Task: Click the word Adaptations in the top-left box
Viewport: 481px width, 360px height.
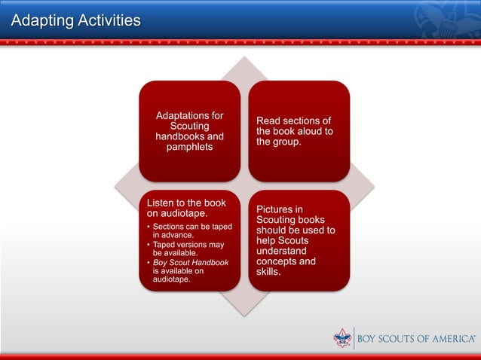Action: (189, 115)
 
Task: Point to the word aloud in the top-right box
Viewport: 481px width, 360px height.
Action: (306, 131)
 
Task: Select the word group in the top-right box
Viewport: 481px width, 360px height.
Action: (289, 142)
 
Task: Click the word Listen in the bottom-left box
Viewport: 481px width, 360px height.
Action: (163, 203)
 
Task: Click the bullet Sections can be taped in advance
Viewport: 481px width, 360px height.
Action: (191, 230)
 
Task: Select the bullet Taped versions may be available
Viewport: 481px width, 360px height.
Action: (188, 249)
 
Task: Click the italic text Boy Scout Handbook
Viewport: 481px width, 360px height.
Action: (190, 262)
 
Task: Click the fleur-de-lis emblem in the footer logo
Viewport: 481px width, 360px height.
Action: (342, 338)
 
